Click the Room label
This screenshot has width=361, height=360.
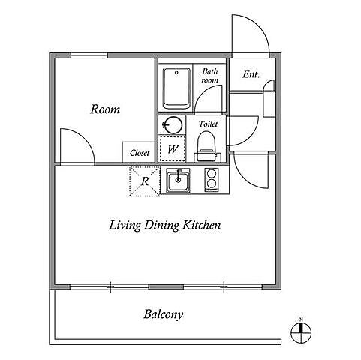105,109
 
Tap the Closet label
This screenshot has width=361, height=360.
140,153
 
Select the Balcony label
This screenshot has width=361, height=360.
163,314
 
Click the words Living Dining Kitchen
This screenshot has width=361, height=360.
165,226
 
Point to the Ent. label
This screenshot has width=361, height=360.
251,74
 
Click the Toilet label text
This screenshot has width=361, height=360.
208,124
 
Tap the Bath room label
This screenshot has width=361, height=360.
209,76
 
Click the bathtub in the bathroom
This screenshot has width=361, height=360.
176,88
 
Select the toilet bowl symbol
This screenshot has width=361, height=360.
206,145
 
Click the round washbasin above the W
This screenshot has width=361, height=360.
173,124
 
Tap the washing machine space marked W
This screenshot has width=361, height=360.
173,148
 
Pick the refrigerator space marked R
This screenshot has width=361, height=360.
145,181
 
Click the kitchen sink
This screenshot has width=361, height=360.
178,181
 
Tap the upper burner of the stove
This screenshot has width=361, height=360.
212,173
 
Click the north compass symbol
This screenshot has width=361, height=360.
301,332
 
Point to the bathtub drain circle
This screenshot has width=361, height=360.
176,73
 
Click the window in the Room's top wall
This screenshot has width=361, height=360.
89,55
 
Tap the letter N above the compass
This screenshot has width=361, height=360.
301,319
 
